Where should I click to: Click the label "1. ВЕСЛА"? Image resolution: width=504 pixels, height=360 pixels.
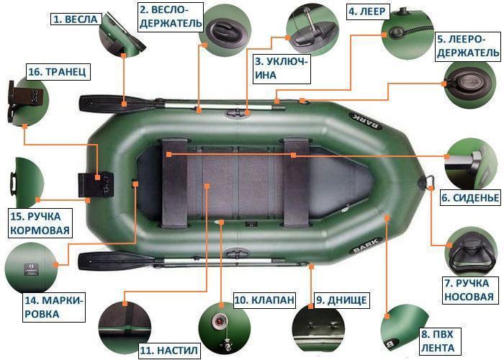coord(73,20)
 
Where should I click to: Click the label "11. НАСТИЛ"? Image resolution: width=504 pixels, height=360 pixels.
coord(168,351)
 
